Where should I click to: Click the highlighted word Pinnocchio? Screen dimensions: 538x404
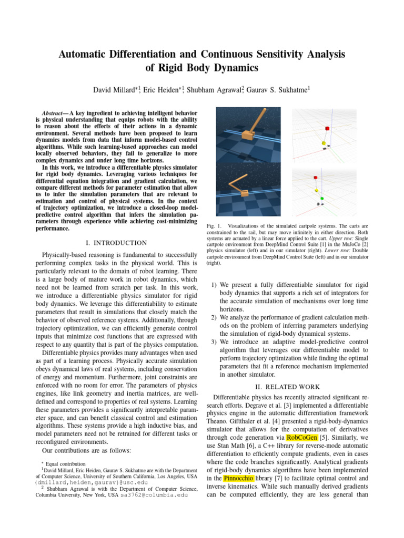[x=238, y=478]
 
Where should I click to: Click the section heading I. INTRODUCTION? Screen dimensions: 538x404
[x=116, y=243]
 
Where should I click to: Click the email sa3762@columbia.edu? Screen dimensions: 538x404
[x=153, y=494]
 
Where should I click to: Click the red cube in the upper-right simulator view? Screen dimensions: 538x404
[x=327, y=128]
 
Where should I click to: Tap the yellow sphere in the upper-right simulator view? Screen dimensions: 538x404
[x=323, y=142]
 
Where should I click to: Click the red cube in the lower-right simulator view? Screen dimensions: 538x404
[x=315, y=178]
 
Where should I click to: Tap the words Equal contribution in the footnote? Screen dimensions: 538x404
[x=66, y=464]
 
